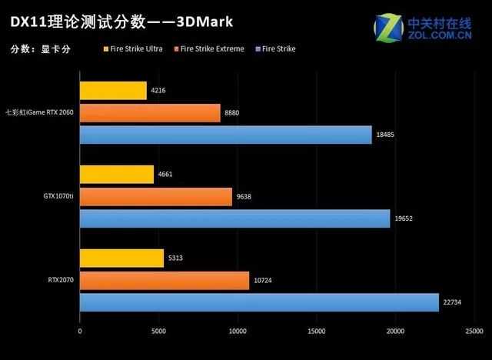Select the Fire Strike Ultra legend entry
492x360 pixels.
click(134, 48)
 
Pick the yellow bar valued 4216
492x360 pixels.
click(113, 91)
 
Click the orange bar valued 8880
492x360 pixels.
click(150, 113)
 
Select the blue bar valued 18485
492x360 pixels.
click(225, 135)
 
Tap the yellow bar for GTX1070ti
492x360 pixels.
click(117, 175)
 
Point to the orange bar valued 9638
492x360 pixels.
click(155, 196)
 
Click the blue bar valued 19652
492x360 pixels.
click(234, 218)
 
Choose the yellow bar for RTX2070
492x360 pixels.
click(121, 258)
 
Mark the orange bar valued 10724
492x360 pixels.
click(165, 280)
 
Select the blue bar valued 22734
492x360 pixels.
click(259, 302)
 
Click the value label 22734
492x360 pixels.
click(452, 303)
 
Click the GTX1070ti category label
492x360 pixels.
click(58, 197)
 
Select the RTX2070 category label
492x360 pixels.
click(60, 280)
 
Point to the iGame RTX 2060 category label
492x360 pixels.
click(39, 113)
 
